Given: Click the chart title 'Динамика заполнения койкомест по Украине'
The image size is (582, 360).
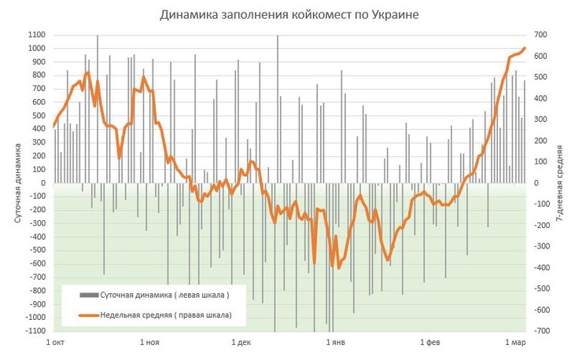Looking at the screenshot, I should pyautogui.click(x=291, y=15).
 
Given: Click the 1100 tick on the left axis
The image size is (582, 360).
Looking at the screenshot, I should pyautogui.click(x=37, y=35).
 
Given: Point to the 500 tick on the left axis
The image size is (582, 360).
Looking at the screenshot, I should pyautogui.click(x=39, y=116).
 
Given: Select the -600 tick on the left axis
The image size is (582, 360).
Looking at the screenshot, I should pyautogui.click(x=37, y=264).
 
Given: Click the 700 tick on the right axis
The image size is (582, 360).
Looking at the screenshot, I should pyautogui.click(x=540, y=35).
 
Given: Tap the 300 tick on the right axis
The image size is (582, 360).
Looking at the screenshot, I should pyautogui.click(x=540, y=120).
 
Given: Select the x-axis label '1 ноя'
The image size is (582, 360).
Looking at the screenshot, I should pyautogui.click(x=149, y=343).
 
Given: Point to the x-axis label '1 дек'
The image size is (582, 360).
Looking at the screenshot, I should pyautogui.click(x=242, y=343).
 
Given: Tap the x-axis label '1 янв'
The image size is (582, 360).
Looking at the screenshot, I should pyautogui.click(x=336, y=343).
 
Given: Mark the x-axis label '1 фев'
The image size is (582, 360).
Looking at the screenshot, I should pyautogui.click(x=430, y=343).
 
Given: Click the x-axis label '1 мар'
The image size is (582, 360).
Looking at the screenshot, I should pyautogui.click(x=516, y=343).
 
